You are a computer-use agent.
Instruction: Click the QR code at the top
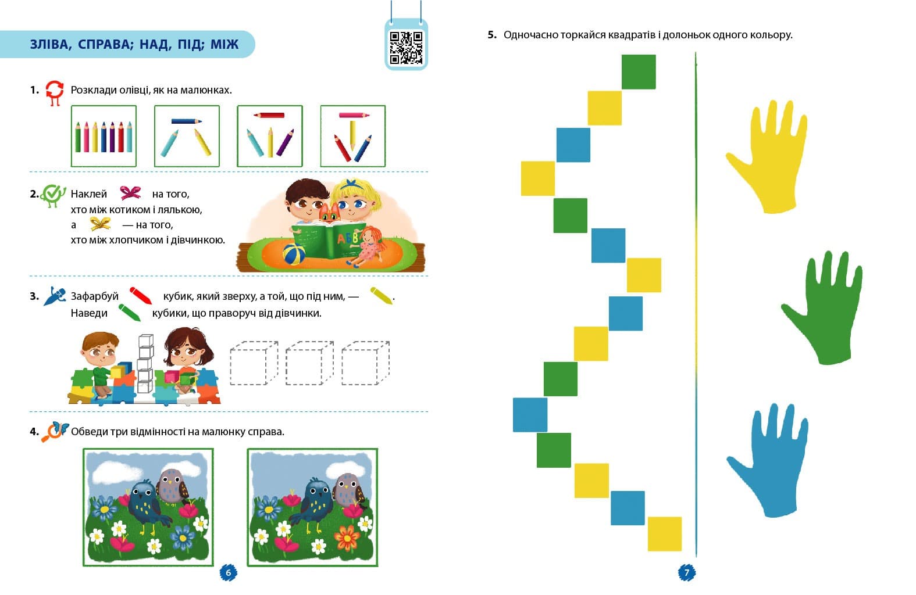(406, 48)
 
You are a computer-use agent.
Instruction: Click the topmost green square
(639, 71)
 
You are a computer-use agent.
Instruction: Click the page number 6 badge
(228, 572)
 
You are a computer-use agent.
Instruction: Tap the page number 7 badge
(687, 572)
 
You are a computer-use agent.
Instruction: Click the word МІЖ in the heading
(224, 44)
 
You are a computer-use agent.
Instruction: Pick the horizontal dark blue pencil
(187, 121)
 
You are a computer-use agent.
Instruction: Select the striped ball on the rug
(294, 254)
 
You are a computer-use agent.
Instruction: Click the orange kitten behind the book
(329, 213)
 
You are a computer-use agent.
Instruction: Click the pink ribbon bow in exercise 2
(130, 192)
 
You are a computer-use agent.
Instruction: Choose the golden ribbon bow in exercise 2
(100, 224)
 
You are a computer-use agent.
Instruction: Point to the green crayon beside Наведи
(130, 313)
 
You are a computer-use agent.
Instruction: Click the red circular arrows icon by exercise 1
(55, 93)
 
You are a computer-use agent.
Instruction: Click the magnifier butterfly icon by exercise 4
(55, 432)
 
